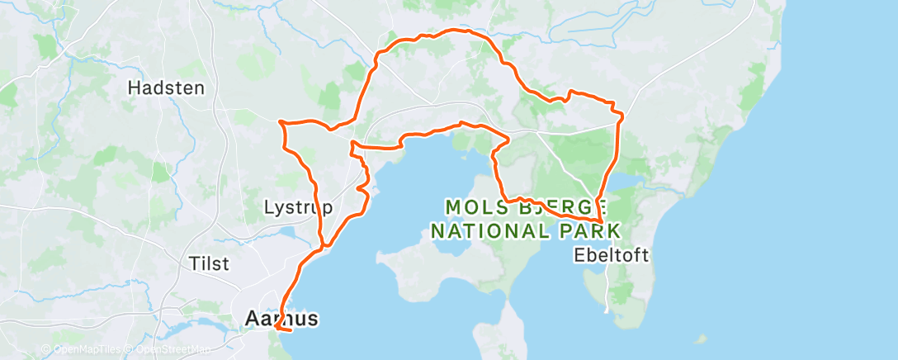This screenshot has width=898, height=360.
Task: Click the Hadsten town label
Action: [166, 87]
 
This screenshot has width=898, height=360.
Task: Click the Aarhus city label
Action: [281, 317]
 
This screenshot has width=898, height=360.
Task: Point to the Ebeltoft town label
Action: [610, 255]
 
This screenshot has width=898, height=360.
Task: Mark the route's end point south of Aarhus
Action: [291, 330]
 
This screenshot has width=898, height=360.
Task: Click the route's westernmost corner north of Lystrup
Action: [281, 122]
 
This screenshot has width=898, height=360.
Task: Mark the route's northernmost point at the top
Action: [452, 31]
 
